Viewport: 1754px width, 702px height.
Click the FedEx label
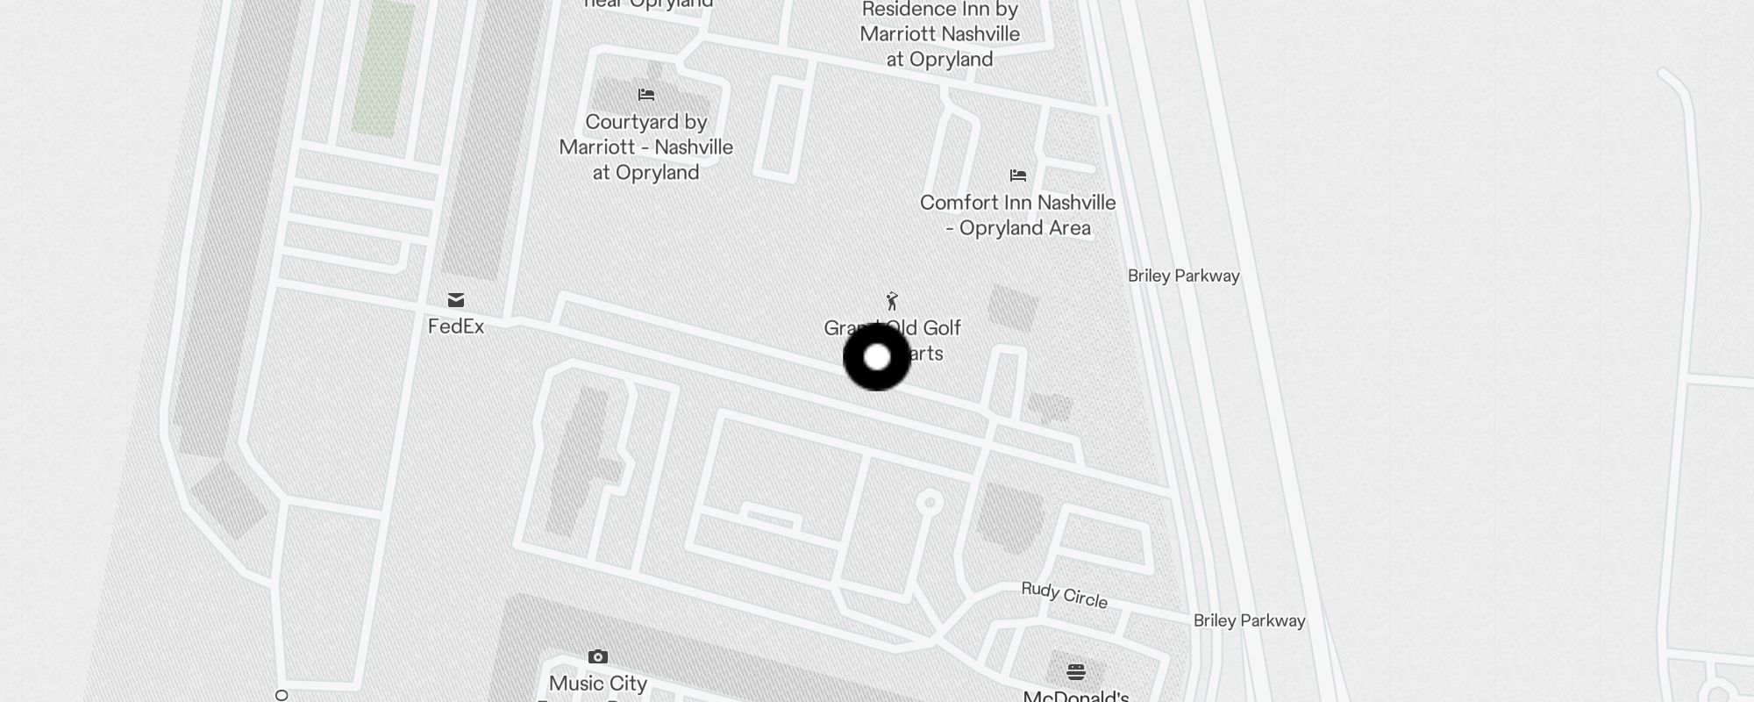pos(455,326)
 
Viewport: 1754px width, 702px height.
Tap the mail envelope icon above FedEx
pos(456,300)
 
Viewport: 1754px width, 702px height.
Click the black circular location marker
pos(877,357)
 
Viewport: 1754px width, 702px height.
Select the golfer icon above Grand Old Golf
pos(892,301)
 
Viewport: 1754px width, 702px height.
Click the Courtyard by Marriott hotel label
pos(646,147)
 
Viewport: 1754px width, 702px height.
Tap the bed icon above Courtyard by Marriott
pos(646,95)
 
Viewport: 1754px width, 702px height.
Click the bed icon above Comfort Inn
pos(1017,175)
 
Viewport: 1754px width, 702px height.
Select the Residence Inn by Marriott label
pos(939,34)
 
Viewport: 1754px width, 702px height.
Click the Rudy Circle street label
pos(1064,595)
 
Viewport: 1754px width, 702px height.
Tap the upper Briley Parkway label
pos(1183,276)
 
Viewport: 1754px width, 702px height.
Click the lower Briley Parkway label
pos(1249,620)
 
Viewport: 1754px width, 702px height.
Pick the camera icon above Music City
pos(598,656)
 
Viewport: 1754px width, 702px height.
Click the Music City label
pos(598,684)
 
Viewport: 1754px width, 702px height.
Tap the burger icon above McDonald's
pos(1076,672)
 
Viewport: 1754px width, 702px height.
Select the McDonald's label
pos(1076,696)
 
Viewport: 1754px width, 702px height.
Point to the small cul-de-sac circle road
pos(930,503)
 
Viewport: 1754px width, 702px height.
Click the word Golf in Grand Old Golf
pos(942,328)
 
